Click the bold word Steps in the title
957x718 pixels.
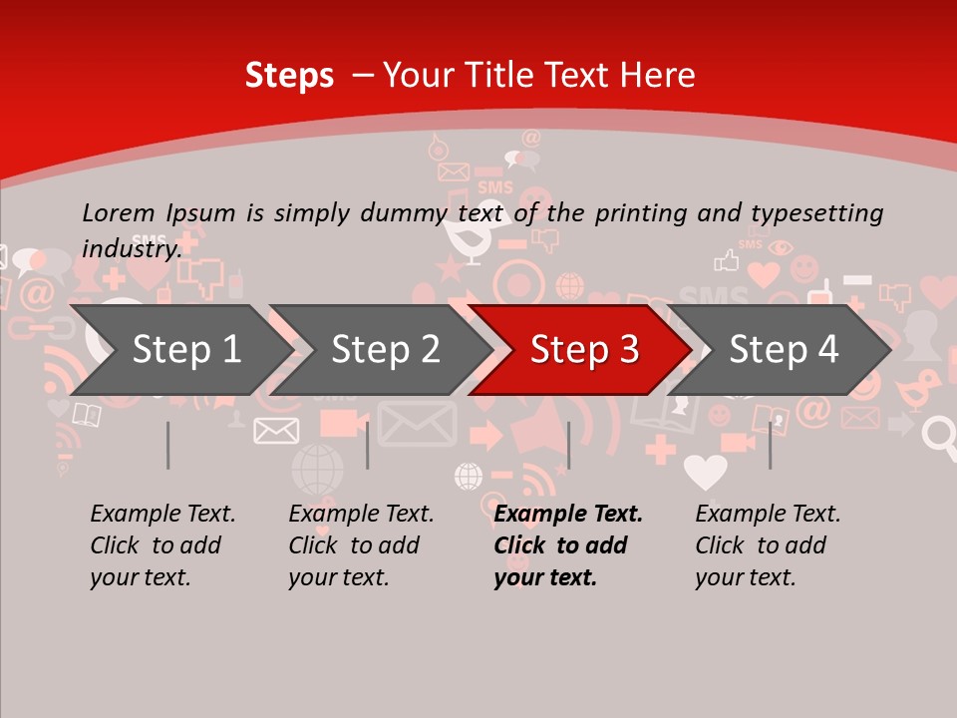pos(289,76)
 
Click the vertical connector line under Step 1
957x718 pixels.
pos(168,445)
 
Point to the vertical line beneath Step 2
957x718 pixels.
pos(368,445)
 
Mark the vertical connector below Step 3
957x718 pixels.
pos(568,445)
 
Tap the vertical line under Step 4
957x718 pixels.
pos(770,445)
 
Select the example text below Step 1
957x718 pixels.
pos(162,544)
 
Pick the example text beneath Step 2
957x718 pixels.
pos(361,544)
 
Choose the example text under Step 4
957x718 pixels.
pos(768,544)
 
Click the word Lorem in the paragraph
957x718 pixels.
pos(119,212)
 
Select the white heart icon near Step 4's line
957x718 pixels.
pos(705,472)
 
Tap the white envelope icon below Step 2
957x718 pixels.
pos(276,430)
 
